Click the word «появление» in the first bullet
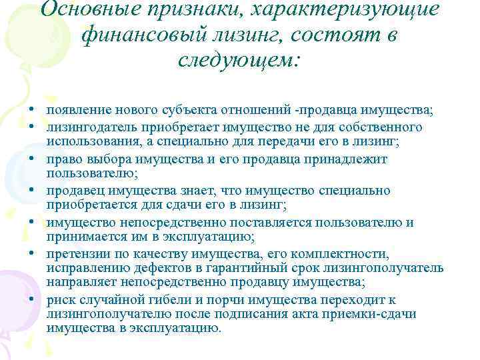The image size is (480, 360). coord(75,109)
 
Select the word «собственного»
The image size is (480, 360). coord(383,127)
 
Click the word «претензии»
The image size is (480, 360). coord(76,255)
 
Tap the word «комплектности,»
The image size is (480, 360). coord(341,255)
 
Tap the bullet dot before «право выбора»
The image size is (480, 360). coord(31,160)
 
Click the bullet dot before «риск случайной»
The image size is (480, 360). coord(31,300)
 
